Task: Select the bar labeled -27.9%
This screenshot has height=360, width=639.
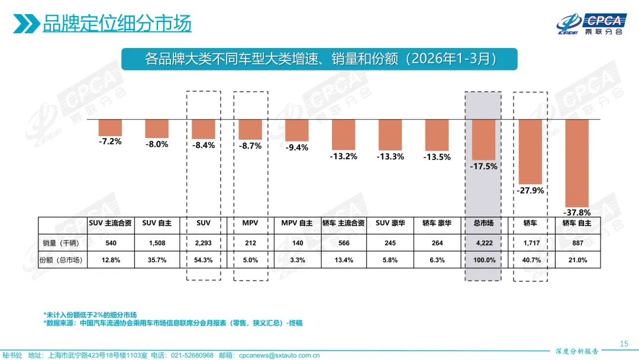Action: pos(530,151)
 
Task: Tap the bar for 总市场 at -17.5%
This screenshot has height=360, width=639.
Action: pos(483,139)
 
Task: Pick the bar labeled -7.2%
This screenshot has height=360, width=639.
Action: pos(110,127)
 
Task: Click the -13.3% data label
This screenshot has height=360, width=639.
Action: pos(390,156)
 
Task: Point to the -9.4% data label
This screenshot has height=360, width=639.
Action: pos(297,147)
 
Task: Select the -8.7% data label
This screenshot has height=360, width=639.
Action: pos(250,146)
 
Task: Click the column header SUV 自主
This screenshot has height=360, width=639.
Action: pos(157,223)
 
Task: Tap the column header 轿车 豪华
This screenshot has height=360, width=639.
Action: pos(437,223)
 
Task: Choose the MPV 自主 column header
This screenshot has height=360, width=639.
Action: pos(297,223)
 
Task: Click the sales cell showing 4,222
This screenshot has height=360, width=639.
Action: pos(483,243)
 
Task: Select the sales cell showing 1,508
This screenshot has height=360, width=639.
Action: pos(157,243)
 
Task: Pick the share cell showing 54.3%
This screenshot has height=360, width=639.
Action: pos(204,260)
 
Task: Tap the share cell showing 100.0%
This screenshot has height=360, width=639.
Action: pos(483,260)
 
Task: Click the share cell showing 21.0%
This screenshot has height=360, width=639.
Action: pos(577,260)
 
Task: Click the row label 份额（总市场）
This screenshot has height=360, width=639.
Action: pos(61,260)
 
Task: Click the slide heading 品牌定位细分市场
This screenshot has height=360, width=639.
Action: pos(117,24)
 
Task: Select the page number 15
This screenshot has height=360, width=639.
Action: pos(623,344)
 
